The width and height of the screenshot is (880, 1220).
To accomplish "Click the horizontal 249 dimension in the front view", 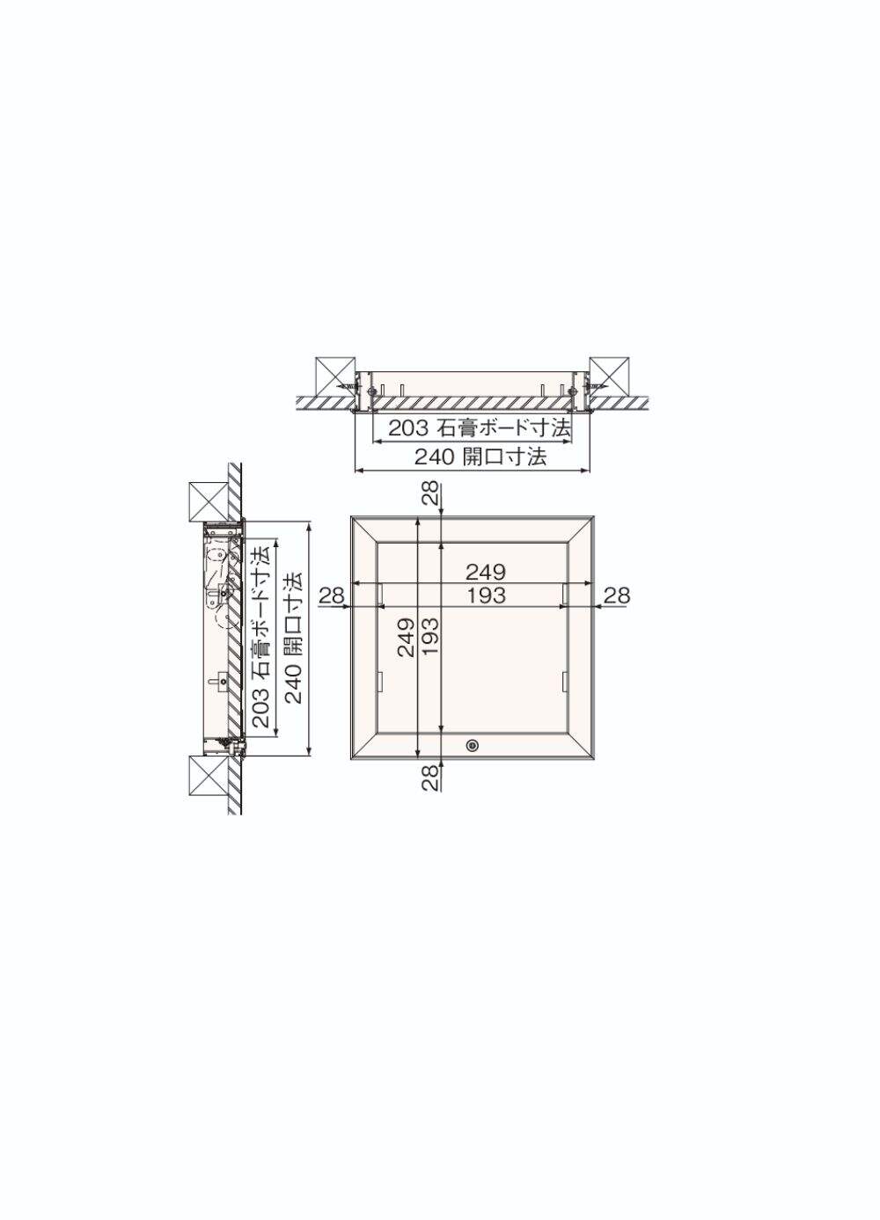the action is (486, 572).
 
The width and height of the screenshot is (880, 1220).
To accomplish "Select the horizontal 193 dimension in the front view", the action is (486, 595).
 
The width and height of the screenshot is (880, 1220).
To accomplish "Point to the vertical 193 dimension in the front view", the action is (430, 637).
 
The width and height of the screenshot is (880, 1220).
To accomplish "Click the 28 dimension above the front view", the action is (431, 494).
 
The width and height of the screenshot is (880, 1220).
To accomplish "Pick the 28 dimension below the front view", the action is (431, 778).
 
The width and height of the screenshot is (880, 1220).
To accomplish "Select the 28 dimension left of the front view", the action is (332, 595).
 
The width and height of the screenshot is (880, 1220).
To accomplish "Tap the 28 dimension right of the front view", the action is (617, 595).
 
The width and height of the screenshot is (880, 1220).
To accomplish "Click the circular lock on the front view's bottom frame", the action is (472, 745).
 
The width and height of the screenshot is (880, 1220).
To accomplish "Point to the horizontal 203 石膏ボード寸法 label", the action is (479, 428).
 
